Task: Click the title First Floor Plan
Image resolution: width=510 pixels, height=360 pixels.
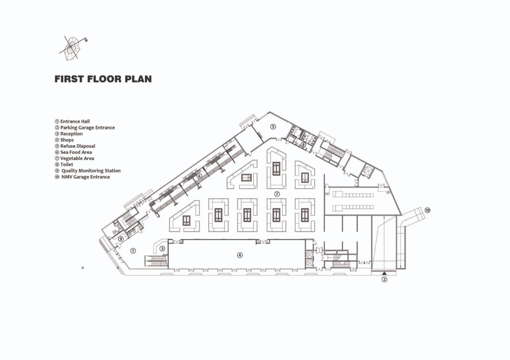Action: click(103, 79)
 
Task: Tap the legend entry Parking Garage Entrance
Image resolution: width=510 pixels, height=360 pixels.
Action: click(84, 127)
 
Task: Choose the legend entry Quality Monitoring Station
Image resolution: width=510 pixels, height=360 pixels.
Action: click(88, 170)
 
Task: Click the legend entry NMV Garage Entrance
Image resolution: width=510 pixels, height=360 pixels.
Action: click(82, 177)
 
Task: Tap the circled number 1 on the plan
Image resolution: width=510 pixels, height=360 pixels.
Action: click(133, 250)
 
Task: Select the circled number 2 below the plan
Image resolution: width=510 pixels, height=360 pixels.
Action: click(384, 279)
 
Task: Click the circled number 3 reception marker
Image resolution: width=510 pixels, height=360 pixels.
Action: click(162, 249)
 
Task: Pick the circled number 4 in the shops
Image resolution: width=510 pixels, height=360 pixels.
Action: click(240, 255)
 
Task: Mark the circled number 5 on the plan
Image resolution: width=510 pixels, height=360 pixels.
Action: click(273, 127)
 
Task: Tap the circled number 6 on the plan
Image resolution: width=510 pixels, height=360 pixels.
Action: click(199, 176)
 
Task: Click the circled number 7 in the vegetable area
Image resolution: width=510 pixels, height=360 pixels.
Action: click(277, 194)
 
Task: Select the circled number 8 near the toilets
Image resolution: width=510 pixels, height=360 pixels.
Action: click(303, 145)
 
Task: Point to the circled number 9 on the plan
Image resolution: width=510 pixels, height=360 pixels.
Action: click(121, 239)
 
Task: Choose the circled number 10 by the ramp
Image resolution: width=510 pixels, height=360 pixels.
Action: click(428, 210)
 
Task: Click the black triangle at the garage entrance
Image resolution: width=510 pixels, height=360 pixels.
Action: click(384, 273)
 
